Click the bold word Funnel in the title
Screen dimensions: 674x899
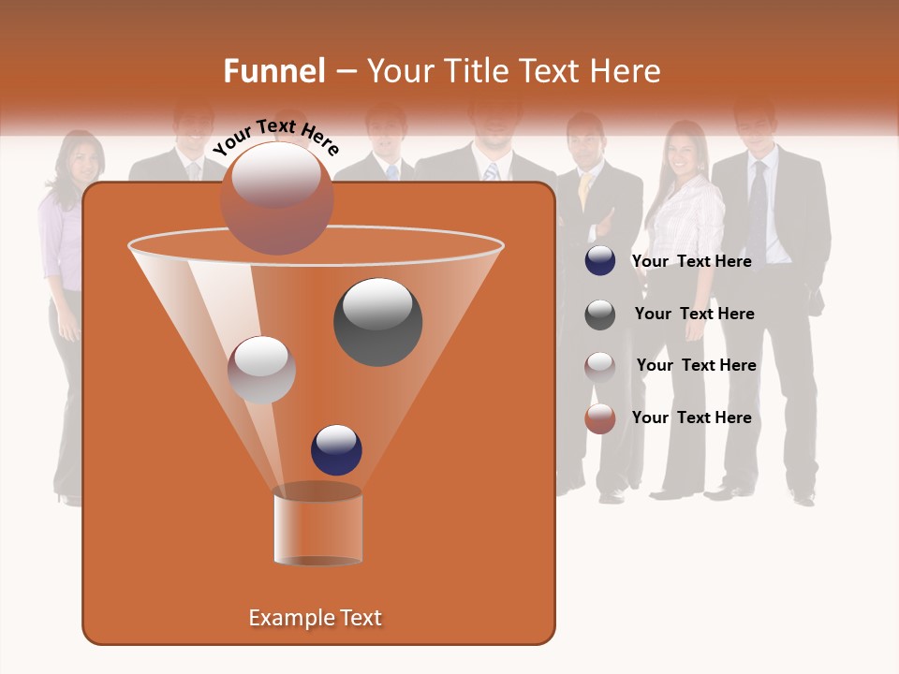coord(273,71)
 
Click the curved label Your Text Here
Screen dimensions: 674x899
coord(276,137)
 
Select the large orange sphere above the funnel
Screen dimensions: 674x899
coord(276,198)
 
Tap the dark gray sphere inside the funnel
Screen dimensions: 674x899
coord(377,321)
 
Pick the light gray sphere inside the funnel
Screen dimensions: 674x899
coord(261,370)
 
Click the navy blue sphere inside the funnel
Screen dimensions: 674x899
coord(336,449)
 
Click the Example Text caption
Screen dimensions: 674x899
coord(316,618)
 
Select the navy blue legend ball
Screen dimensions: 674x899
coord(600,261)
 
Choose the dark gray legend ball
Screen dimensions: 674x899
coord(600,315)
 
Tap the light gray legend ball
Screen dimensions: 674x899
coord(600,367)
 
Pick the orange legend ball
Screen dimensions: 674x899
coord(600,418)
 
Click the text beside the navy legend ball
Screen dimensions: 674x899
coord(691,261)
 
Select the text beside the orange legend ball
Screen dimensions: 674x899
coord(691,418)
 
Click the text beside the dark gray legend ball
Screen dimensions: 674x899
coord(694,314)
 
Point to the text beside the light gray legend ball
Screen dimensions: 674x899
coord(696,365)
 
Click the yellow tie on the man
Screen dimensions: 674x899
coord(584,192)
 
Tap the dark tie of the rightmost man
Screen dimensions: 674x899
coord(758,211)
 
